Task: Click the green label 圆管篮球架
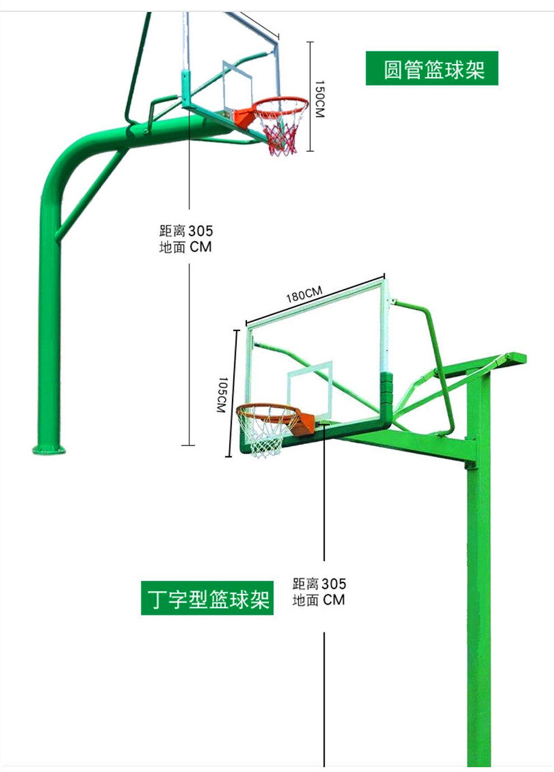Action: click(x=431, y=68)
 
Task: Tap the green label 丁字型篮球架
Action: click(x=207, y=598)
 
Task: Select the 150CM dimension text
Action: click(x=318, y=99)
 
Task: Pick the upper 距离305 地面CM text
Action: click(x=185, y=239)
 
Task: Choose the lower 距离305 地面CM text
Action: click(x=319, y=592)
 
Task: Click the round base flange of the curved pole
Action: click(x=48, y=448)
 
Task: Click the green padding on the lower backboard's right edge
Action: click(x=386, y=392)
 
